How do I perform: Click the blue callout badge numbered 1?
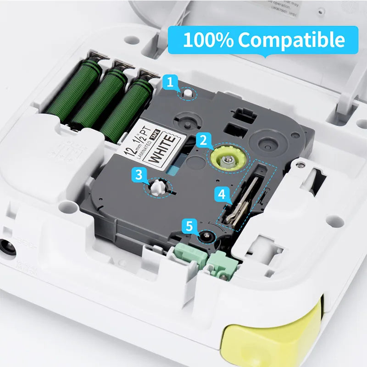(170, 83)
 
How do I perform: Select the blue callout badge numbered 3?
(139, 175)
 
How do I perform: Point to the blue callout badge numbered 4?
(222, 195)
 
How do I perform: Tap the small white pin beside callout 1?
(187, 93)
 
